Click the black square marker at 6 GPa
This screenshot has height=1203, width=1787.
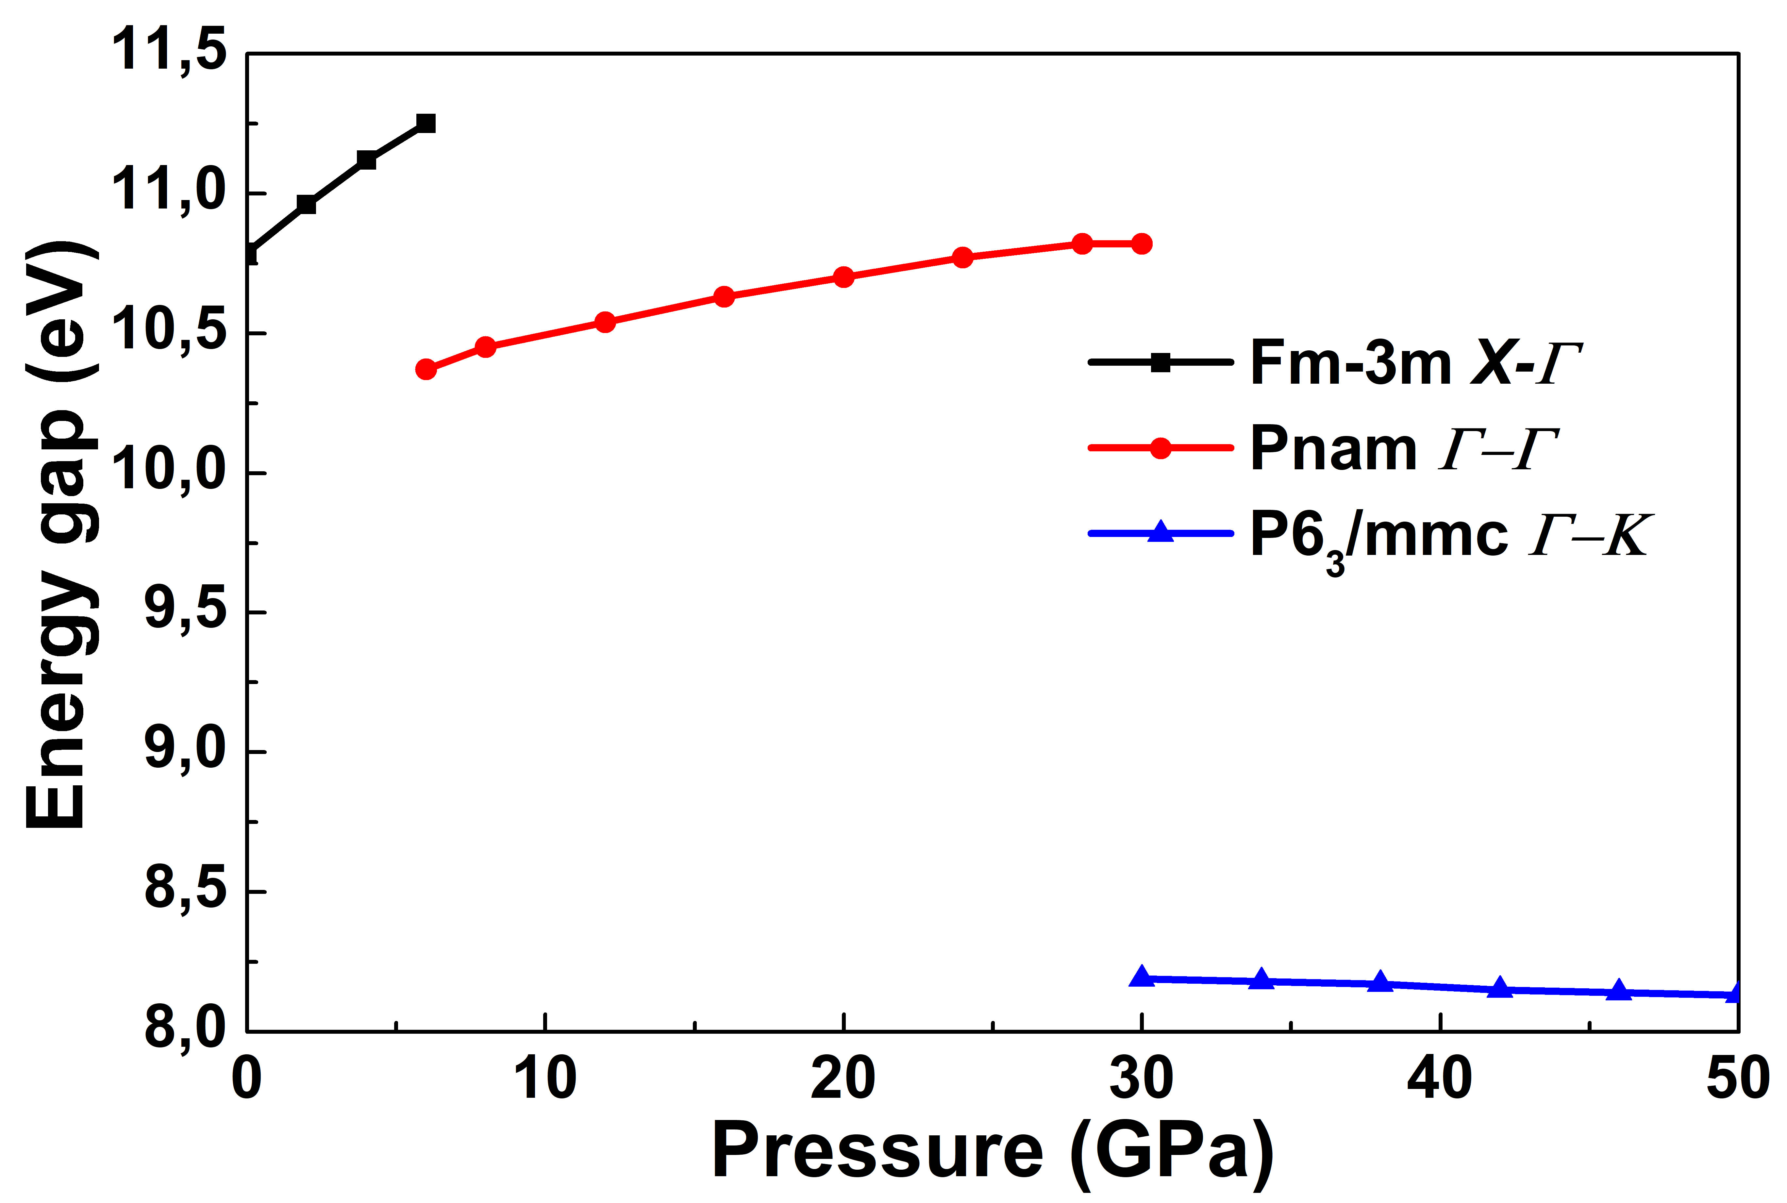pos(426,124)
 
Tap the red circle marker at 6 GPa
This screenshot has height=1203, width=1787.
pos(426,369)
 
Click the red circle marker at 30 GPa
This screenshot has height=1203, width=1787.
pos(1142,244)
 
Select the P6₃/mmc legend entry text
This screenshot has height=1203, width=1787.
pos(1450,536)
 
